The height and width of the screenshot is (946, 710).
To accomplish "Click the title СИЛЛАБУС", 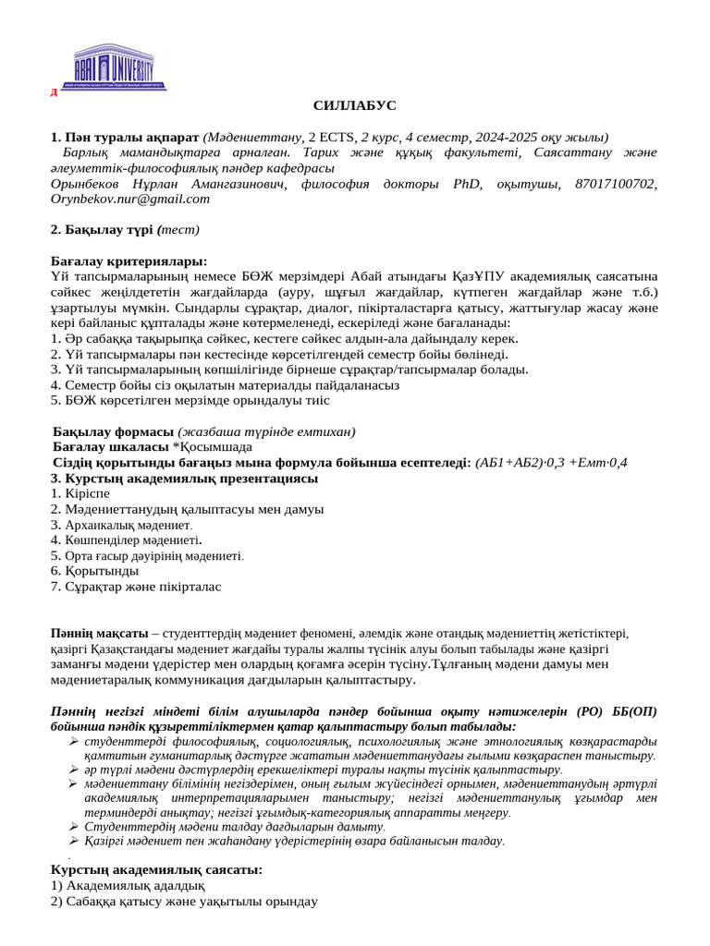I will click(354, 106).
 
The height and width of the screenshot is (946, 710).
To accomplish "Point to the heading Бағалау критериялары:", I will click(129, 261).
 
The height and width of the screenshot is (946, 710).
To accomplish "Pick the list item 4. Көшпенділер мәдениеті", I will click(129, 540).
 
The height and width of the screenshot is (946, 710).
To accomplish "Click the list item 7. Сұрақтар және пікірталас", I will click(136, 586).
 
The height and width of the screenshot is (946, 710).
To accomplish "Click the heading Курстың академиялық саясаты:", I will click(156, 869).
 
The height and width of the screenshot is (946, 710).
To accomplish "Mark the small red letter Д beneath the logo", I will click(54, 92).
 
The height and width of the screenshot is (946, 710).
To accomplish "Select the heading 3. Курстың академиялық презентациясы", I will click(184, 478).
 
